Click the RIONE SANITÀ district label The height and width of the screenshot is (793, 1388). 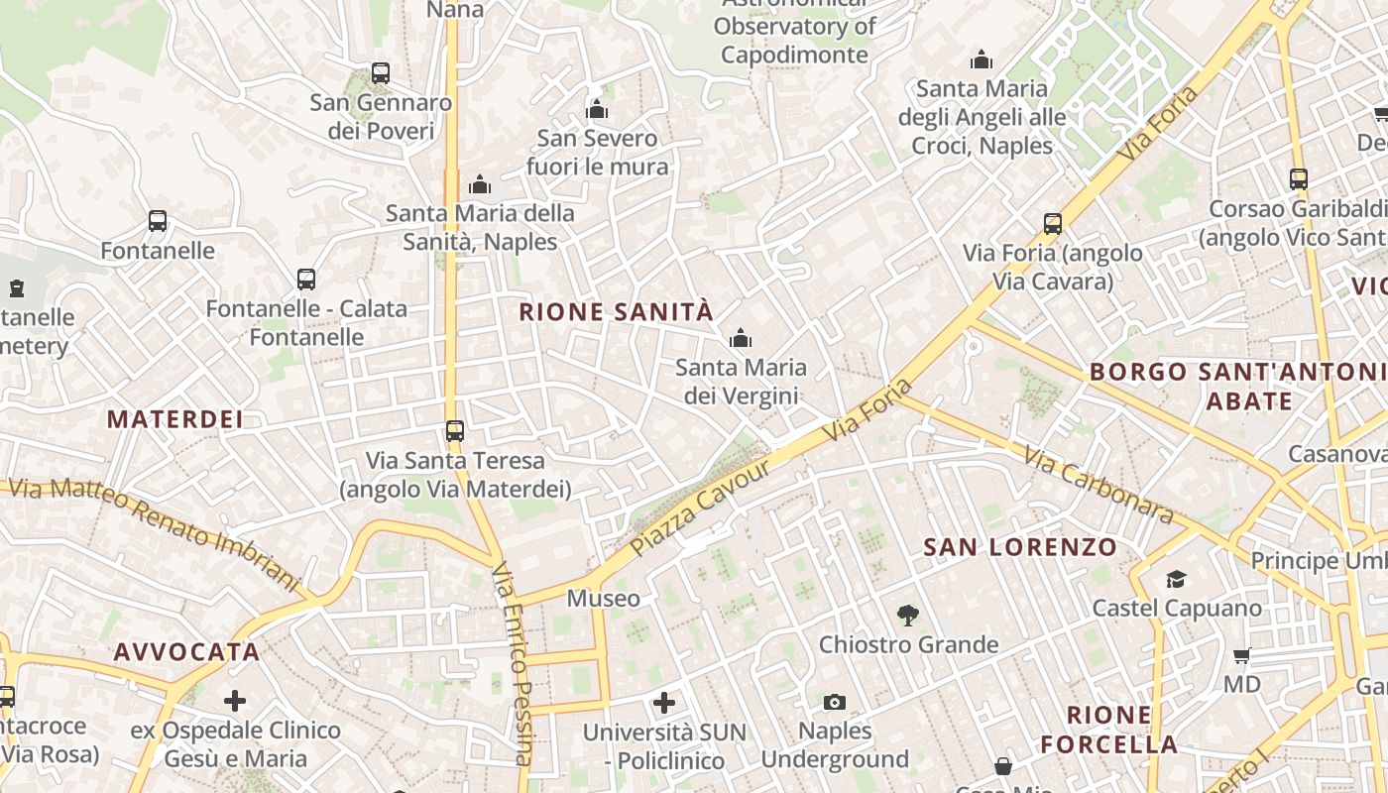pyautogui.click(x=616, y=312)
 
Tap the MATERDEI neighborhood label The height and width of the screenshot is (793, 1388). pyautogui.click(x=175, y=419)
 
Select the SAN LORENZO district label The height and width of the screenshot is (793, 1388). pyautogui.click(x=1020, y=547)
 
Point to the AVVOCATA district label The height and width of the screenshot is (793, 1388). pyautogui.click(x=186, y=652)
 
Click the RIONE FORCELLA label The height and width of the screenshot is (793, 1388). pyautogui.click(x=1109, y=730)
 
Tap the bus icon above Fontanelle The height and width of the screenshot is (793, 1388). pyautogui.click(x=158, y=221)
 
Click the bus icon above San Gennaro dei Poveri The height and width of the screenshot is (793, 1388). pyautogui.click(x=381, y=72)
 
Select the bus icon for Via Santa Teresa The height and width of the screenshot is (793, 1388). pyautogui.click(x=455, y=431)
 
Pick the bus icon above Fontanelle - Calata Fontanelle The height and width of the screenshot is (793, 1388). pyautogui.click(x=306, y=280)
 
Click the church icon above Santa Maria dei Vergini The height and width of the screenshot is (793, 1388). pyautogui.click(x=740, y=339)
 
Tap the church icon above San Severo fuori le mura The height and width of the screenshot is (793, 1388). pyautogui.click(x=597, y=109)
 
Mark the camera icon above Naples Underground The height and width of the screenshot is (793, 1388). pyautogui.click(x=835, y=703)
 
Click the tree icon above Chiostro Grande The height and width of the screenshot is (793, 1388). pyautogui.click(x=907, y=616)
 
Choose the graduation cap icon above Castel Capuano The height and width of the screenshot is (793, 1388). pyautogui.click(x=1176, y=579)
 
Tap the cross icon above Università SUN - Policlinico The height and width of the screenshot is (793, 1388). pyautogui.click(x=664, y=704)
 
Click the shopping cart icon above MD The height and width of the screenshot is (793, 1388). pyautogui.click(x=1241, y=655)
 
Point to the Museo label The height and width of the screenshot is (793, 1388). pyautogui.click(x=603, y=599)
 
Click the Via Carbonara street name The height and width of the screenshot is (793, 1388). pyautogui.click(x=1099, y=486)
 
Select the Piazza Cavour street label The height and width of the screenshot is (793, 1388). pyautogui.click(x=700, y=507)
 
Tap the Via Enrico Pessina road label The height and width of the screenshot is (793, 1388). pyautogui.click(x=513, y=664)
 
